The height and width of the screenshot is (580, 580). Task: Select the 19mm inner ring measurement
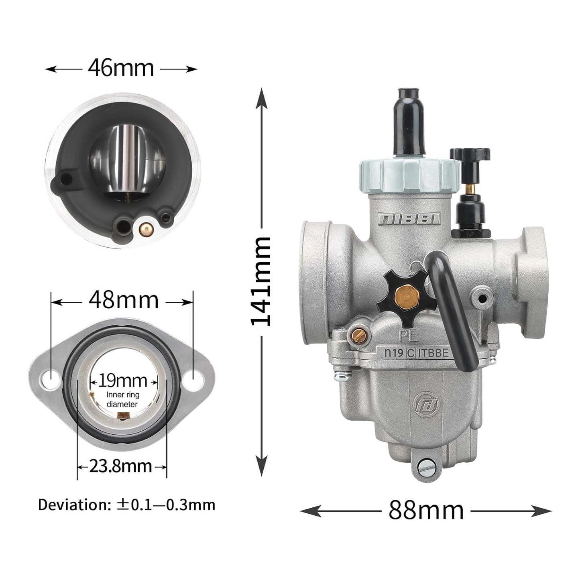coord(123,381)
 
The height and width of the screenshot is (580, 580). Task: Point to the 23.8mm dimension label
coord(121,466)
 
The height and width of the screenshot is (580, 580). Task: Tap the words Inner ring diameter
coord(123,399)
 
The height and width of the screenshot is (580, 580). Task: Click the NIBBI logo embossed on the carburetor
coord(409,218)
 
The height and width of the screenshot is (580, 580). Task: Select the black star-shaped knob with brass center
coord(407,298)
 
